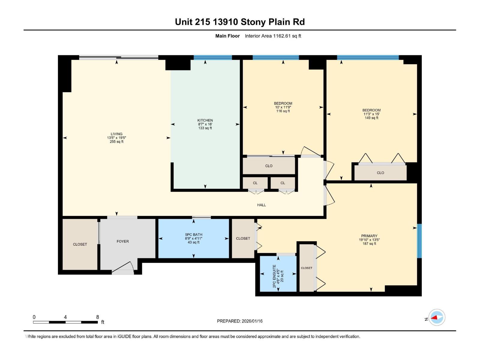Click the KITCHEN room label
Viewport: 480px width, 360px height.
click(x=205, y=120)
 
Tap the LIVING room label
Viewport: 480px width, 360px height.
click(x=116, y=134)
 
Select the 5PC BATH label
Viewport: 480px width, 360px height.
click(x=193, y=235)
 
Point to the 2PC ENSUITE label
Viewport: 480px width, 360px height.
click(x=274, y=276)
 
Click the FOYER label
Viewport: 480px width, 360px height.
click(x=123, y=241)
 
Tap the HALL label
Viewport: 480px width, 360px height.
click(x=261, y=205)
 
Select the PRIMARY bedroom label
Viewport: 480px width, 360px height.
click(x=369, y=236)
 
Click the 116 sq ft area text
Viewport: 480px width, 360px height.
click(x=283, y=111)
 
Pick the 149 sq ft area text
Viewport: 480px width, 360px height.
click(x=371, y=118)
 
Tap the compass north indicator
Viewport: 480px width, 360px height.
click(x=436, y=317)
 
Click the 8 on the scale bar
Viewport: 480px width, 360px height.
click(x=97, y=317)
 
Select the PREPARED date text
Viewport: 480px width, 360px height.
click(x=240, y=321)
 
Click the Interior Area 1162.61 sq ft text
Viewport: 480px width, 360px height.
click(x=273, y=36)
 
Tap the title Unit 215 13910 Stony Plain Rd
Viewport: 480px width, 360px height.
click(x=240, y=22)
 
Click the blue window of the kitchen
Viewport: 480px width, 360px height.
click(x=213, y=57)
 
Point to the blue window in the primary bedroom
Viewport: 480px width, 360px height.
click(x=419, y=241)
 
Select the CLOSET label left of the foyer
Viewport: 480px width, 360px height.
click(x=80, y=244)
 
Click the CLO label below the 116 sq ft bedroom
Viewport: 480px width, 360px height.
click(x=268, y=166)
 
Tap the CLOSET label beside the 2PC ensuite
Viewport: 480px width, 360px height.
click(x=307, y=268)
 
